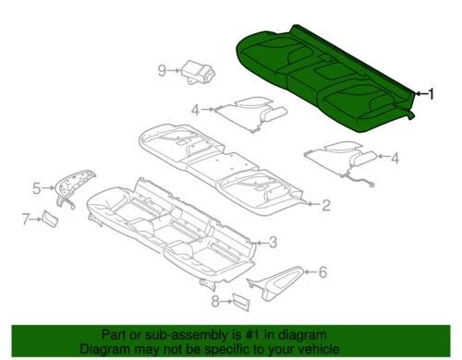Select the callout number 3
click(274, 242)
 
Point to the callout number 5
click(37, 188)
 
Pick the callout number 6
click(322, 271)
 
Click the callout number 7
click(26, 218)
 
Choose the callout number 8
click(215, 301)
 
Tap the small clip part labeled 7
click(47, 218)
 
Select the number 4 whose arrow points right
click(196, 111)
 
